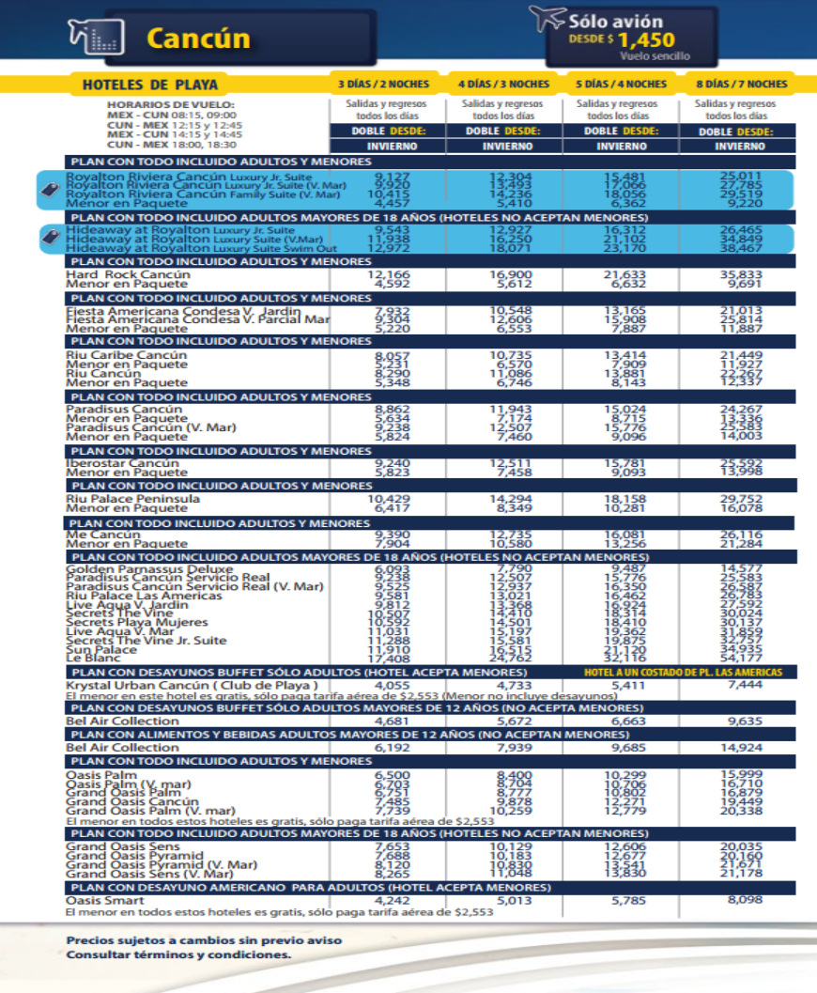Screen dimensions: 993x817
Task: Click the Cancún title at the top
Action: [x=198, y=39]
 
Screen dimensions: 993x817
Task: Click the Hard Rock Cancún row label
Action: [x=128, y=274]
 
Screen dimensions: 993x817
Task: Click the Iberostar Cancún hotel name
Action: [x=122, y=463]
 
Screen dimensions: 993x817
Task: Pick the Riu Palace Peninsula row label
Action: [x=132, y=498]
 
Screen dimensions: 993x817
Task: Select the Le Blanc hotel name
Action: [x=89, y=659]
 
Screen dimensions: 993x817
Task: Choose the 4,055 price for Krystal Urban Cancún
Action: [x=391, y=686]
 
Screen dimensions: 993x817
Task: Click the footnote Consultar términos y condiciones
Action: [x=178, y=954]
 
